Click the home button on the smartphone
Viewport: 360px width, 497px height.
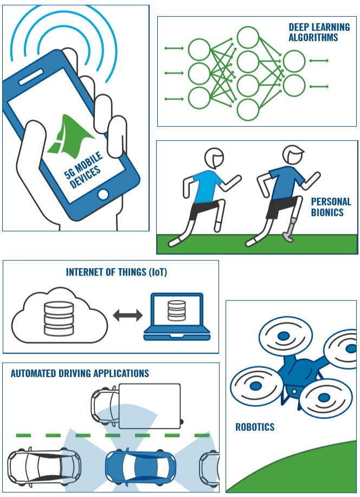click(103, 194)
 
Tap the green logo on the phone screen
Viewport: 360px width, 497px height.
click(70, 137)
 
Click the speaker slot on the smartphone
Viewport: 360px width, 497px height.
click(31, 78)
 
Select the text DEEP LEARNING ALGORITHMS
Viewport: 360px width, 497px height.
click(319, 32)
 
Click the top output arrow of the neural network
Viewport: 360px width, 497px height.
click(319, 61)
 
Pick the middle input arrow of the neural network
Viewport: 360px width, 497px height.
click(174, 73)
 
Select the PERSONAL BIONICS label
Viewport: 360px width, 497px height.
click(331, 207)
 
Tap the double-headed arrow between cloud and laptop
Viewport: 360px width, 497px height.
click(128, 315)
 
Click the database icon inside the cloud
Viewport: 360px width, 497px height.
click(59, 318)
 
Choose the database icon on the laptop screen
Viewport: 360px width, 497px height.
click(177, 311)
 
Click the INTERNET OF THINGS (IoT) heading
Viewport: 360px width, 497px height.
click(117, 272)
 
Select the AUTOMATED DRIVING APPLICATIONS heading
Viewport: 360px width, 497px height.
click(80, 373)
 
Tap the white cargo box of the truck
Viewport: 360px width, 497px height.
click(150, 406)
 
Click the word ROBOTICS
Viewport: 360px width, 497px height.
click(255, 427)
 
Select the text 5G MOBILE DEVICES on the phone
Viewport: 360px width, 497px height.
click(83, 170)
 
